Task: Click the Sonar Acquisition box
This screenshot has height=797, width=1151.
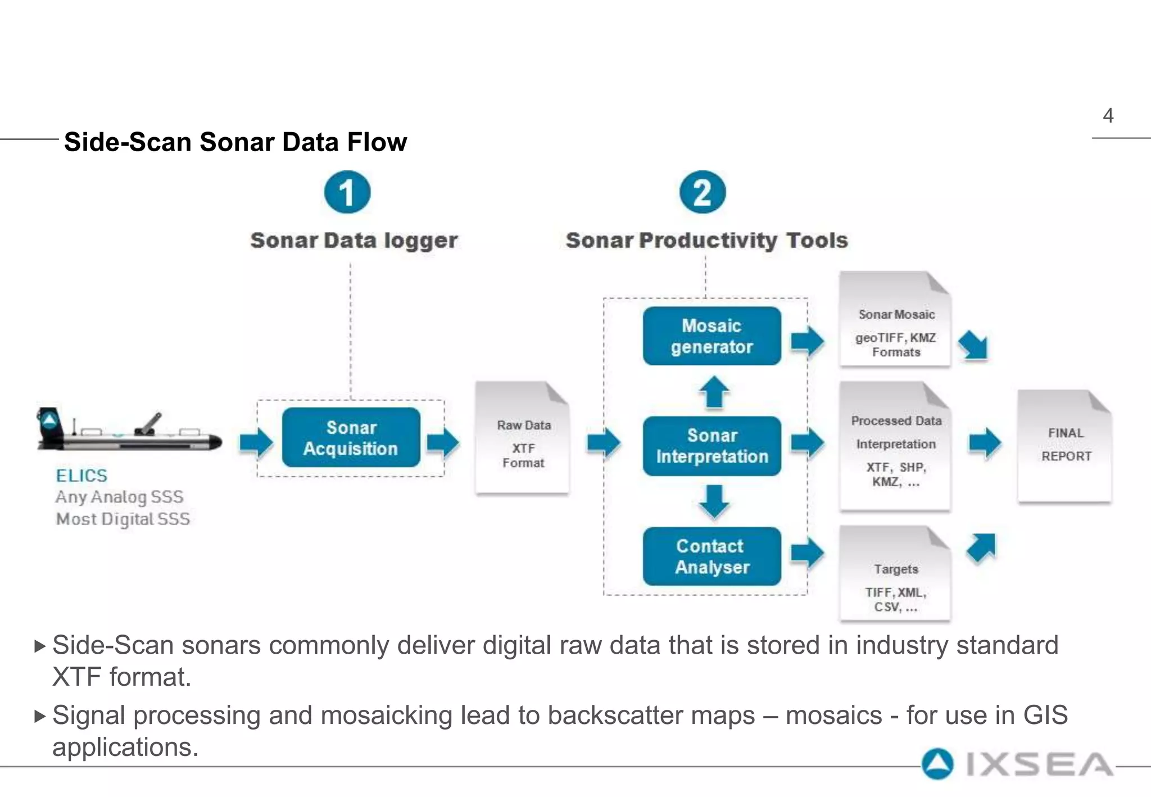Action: point(351,437)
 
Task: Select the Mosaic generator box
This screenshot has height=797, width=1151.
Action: point(712,336)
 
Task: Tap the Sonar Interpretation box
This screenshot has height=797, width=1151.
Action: point(712,446)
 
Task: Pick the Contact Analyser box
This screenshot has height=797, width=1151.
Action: point(712,556)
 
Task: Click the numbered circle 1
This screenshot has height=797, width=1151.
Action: point(347,192)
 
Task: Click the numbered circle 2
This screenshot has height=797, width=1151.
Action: point(703,192)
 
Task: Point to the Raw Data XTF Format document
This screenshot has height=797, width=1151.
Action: point(523,438)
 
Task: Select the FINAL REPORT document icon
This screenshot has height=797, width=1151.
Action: point(1064,445)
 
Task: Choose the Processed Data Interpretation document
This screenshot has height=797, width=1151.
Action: point(895,447)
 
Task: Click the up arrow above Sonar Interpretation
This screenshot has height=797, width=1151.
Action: point(714,391)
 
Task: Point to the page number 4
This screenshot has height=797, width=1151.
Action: point(1108,116)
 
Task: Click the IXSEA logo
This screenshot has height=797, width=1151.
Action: point(1017,764)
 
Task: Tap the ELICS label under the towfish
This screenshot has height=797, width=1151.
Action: point(81,476)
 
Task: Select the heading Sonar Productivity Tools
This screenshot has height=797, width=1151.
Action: point(706,241)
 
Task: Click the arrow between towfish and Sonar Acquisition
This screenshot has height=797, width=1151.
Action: point(256,443)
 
